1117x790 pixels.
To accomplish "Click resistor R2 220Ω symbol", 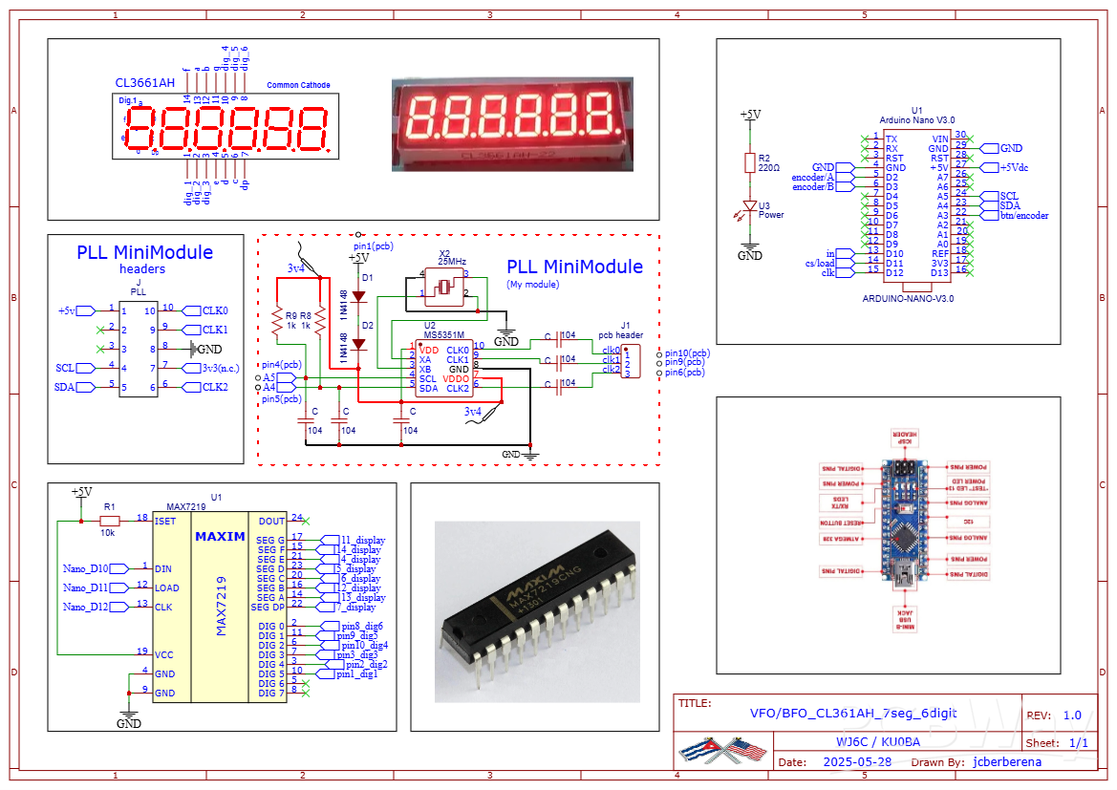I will [x=750, y=163].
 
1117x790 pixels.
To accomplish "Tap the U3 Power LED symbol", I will [x=750, y=208].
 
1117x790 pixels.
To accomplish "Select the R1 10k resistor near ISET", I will [x=109, y=521].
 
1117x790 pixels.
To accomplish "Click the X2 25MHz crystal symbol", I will [x=443, y=286].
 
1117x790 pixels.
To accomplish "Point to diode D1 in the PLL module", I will [x=359, y=296].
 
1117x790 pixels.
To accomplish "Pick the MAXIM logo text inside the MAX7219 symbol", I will [x=220, y=537].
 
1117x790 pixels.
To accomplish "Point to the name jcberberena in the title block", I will [x=1007, y=762].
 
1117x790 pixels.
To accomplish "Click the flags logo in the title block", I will [x=722, y=750].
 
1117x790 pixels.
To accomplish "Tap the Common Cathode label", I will [x=298, y=85].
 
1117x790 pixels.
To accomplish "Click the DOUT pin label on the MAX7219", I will [x=271, y=521].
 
